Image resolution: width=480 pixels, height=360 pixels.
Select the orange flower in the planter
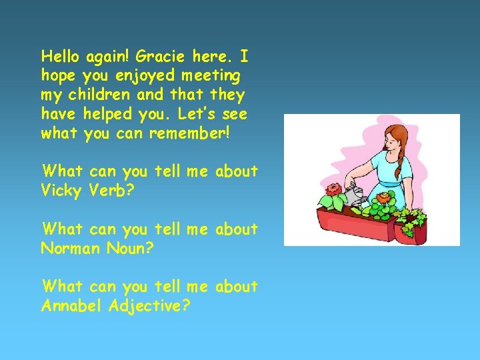[x=384, y=198]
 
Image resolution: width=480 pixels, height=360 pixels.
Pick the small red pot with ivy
[x=409, y=230]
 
